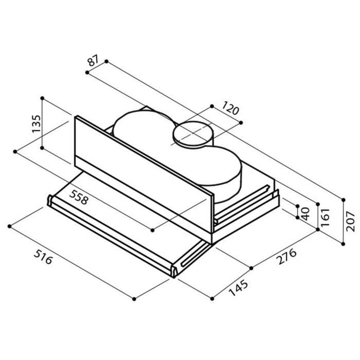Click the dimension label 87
(x=93, y=60)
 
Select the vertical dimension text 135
(x=37, y=123)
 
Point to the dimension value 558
(x=79, y=197)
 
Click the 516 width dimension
(x=43, y=257)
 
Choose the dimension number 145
(x=239, y=288)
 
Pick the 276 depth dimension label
(x=286, y=256)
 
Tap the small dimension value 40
(x=305, y=214)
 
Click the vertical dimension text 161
(x=325, y=217)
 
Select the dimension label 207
(x=350, y=221)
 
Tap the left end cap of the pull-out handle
(x=50, y=200)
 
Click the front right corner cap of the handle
(x=174, y=271)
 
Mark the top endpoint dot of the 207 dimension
(x=344, y=200)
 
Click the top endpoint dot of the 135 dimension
(x=42, y=98)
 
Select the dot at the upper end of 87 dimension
(x=106, y=61)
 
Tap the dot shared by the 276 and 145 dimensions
(x=251, y=268)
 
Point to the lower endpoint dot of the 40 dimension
(x=298, y=218)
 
